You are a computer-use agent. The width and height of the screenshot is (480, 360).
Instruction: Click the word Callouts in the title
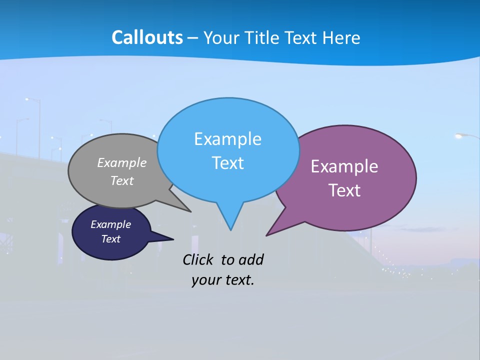147,37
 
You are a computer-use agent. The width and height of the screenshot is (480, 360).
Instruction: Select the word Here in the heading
341,37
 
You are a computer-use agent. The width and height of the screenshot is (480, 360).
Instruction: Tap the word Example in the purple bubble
344,166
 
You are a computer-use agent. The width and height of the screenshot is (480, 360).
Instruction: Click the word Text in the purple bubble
344,190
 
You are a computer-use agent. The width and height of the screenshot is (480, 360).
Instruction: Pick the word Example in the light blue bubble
227,139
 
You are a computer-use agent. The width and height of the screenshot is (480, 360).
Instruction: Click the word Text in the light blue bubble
227,163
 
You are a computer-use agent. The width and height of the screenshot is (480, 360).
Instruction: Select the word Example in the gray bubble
122,162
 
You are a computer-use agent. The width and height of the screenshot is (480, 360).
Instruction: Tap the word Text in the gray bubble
122,180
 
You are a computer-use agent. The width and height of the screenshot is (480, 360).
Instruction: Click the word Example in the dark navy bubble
110,224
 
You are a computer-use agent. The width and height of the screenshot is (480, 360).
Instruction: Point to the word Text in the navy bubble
110,239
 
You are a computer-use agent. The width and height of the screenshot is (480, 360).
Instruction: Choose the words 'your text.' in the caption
223,280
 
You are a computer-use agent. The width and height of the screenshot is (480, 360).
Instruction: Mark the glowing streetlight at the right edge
459,135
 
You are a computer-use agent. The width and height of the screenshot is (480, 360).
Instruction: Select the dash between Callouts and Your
192,38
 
